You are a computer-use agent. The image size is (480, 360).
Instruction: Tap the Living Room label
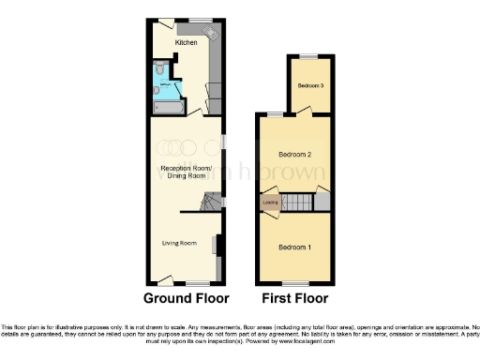click(178, 244)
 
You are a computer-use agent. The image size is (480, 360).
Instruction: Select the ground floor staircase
click(211, 202)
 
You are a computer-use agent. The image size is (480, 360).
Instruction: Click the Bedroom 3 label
click(310, 86)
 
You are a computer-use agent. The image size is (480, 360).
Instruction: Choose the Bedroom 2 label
click(294, 154)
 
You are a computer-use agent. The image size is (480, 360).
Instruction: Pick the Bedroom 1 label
click(294, 247)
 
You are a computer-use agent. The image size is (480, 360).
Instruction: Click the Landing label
click(270, 202)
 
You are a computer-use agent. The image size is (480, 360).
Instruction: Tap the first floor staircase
click(297, 202)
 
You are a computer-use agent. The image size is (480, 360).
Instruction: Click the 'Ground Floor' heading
click(186, 299)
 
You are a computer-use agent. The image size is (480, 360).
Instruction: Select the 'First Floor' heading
click(294, 299)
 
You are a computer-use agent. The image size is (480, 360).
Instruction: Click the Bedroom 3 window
click(310, 57)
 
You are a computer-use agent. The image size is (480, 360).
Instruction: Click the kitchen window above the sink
click(202, 20)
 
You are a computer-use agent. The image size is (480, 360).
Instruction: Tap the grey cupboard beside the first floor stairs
click(321, 202)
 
